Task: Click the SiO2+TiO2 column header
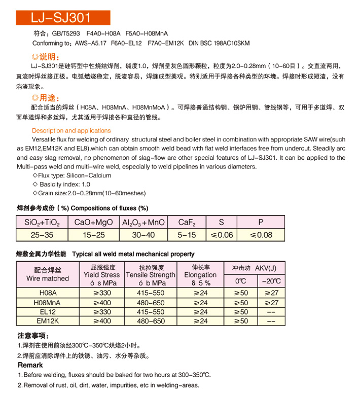point(42,222)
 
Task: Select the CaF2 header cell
point(187,222)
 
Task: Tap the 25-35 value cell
point(42,235)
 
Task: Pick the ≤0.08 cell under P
point(261,235)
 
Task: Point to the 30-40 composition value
point(143,235)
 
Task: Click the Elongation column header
point(200,275)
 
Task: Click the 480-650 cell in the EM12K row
point(151,321)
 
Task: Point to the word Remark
point(30,365)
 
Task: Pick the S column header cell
point(221,222)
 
